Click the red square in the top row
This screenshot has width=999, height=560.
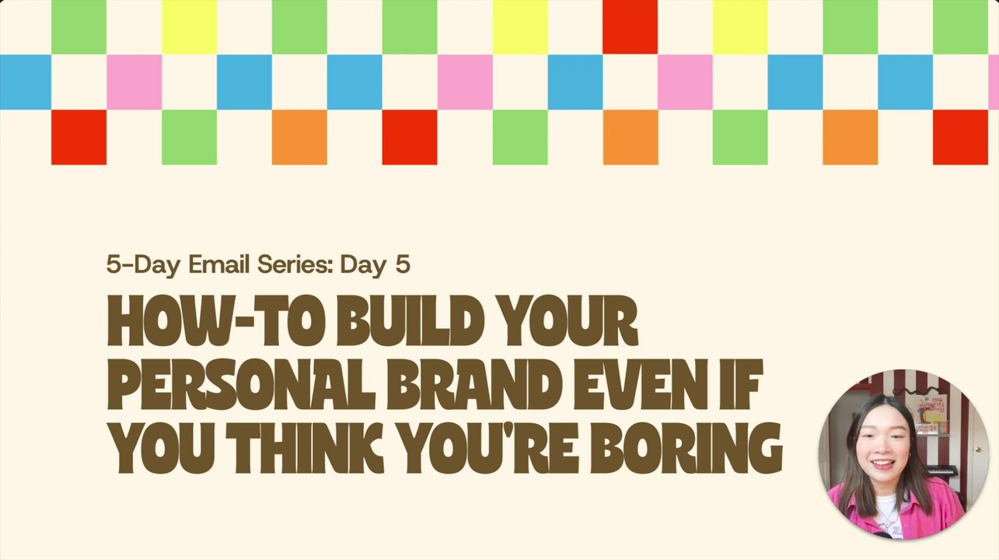(x=630, y=26)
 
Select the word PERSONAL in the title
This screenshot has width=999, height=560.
(x=241, y=384)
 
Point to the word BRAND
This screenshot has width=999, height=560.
(x=474, y=384)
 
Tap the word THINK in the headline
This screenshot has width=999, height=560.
(x=305, y=448)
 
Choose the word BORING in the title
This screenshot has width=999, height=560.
(x=686, y=448)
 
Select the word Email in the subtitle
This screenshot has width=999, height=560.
(x=218, y=264)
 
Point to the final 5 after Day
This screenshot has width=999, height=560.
(x=402, y=264)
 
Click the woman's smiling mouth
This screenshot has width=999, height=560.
(x=882, y=464)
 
